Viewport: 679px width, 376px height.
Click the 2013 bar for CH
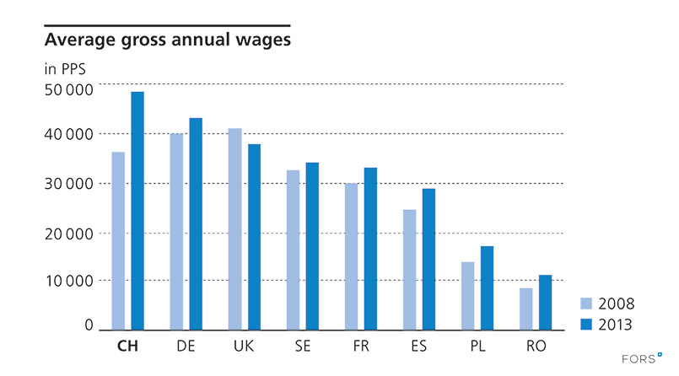[x=137, y=211]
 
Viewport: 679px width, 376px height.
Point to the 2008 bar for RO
[x=525, y=309]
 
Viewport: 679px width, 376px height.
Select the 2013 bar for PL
[x=487, y=287]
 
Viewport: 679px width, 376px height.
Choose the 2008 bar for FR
[x=351, y=256]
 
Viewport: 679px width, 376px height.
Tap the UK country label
[x=244, y=346]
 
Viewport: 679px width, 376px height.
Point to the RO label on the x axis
[x=535, y=346]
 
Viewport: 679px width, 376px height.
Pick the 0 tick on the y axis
[x=88, y=325]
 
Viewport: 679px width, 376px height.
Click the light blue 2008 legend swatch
[x=587, y=303]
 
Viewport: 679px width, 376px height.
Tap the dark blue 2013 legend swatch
[x=587, y=324]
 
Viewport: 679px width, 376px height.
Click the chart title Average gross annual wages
[x=167, y=40]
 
